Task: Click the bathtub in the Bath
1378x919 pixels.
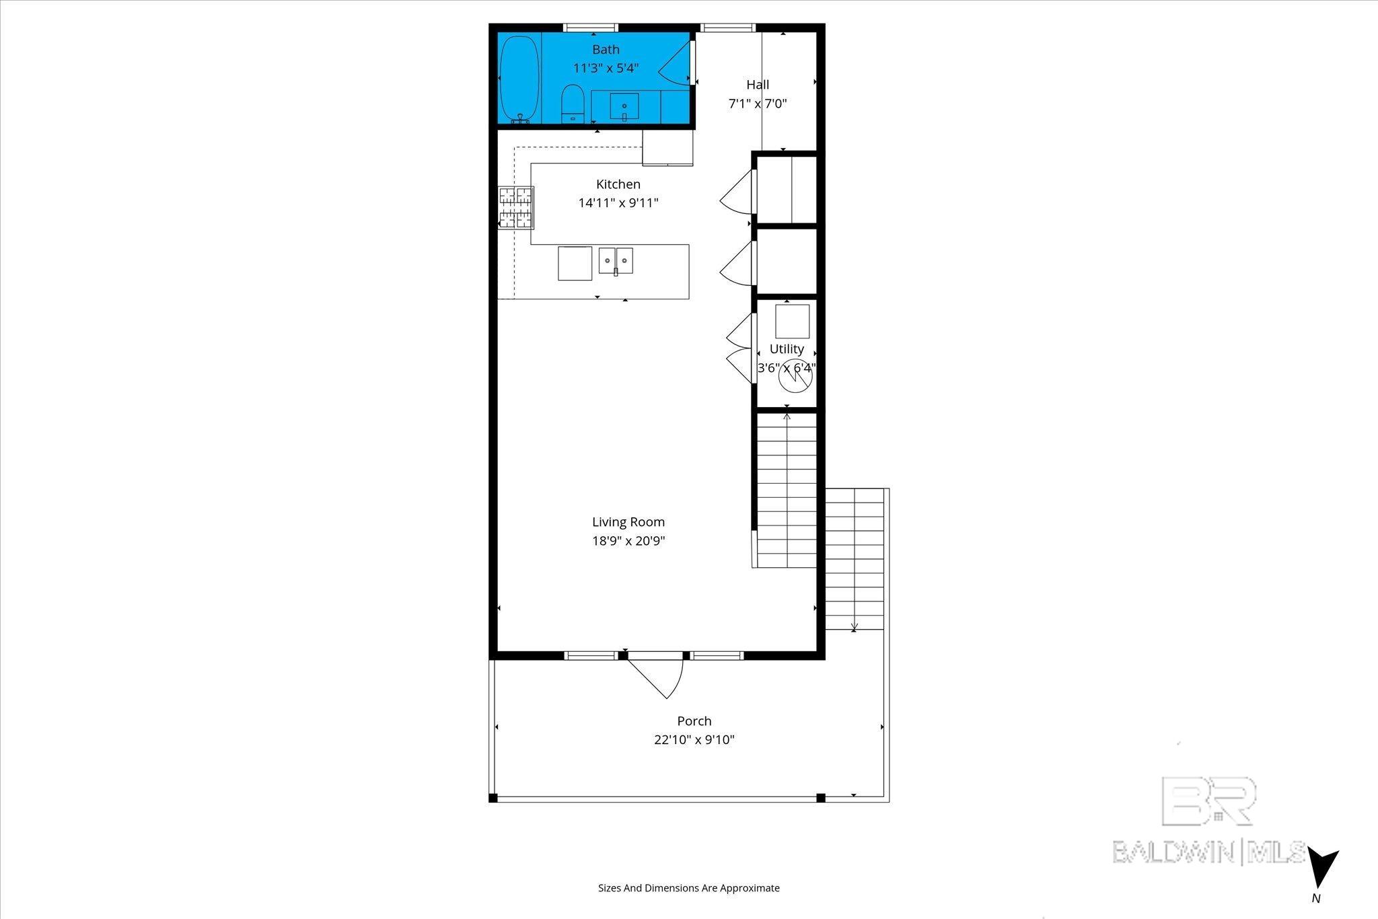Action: tap(519, 79)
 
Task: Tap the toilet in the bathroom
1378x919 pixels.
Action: tap(573, 104)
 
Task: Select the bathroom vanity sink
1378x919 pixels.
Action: tap(624, 106)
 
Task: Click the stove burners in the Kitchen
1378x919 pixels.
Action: tap(516, 207)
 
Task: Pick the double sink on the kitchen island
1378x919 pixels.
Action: tap(616, 260)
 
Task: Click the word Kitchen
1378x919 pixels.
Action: tap(618, 184)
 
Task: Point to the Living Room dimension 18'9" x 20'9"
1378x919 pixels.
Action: tap(628, 541)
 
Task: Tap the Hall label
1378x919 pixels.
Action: tap(758, 85)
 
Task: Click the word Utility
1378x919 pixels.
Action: tap(787, 349)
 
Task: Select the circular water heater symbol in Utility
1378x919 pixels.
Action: tap(795, 378)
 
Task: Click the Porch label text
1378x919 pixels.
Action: tap(694, 721)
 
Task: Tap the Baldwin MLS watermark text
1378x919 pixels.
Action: tap(1208, 852)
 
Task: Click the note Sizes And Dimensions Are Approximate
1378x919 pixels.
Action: tap(689, 888)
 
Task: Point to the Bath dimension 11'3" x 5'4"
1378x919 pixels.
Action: tap(606, 68)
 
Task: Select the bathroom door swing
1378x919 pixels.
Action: tap(675, 65)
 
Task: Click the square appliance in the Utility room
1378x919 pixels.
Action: tap(792, 322)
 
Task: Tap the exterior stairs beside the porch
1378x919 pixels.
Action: tap(855, 558)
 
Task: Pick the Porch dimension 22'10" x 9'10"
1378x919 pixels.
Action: tap(694, 740)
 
